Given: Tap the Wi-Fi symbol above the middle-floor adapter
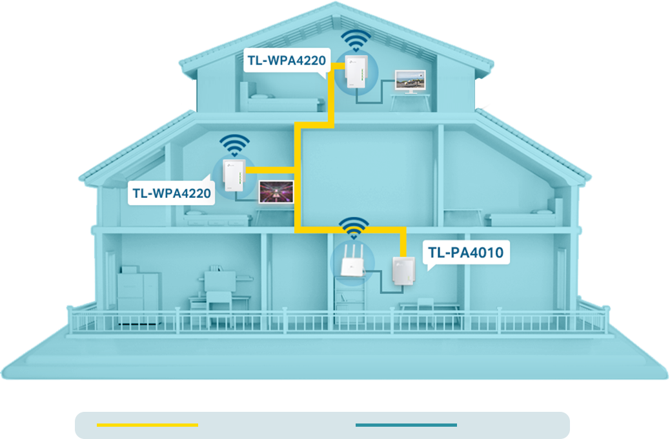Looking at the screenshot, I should [233, 145].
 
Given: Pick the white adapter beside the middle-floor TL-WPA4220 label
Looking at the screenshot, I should [233, 177].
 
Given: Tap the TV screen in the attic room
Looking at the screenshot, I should [411, 80].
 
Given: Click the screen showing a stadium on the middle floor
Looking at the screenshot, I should [276, 192].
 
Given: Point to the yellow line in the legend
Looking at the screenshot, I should [147, 425].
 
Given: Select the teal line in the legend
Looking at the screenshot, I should [406, 425].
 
